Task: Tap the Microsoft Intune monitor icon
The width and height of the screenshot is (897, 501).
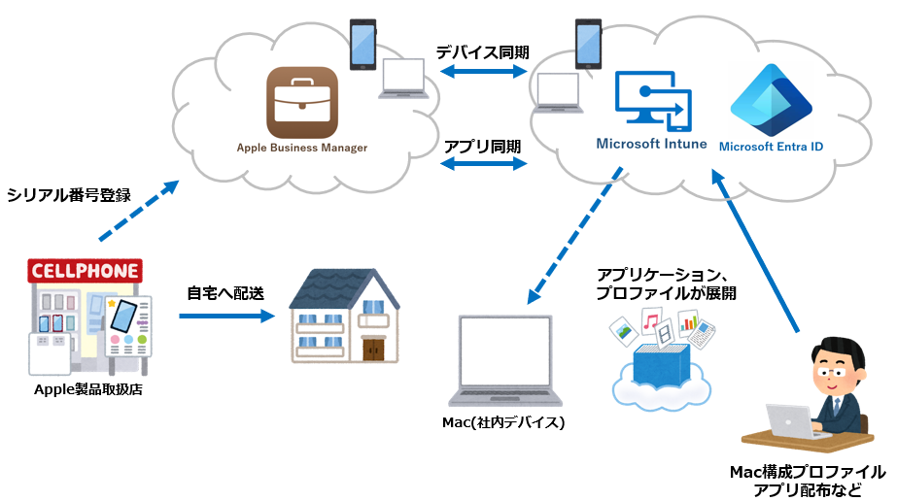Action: (653, 102)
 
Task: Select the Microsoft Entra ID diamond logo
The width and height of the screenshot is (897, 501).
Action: (771, 100)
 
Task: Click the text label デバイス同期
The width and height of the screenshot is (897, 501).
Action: (482, 51)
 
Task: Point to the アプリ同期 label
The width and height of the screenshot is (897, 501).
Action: (482, 147)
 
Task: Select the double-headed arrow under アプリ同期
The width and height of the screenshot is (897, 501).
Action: (483, 165)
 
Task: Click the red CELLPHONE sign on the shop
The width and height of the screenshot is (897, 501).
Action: (86, 269)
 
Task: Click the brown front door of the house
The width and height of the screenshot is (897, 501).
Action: (375, 348)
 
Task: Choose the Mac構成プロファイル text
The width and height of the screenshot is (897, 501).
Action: (808, 472)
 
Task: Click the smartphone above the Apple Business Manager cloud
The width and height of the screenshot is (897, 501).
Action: (363, 45)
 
